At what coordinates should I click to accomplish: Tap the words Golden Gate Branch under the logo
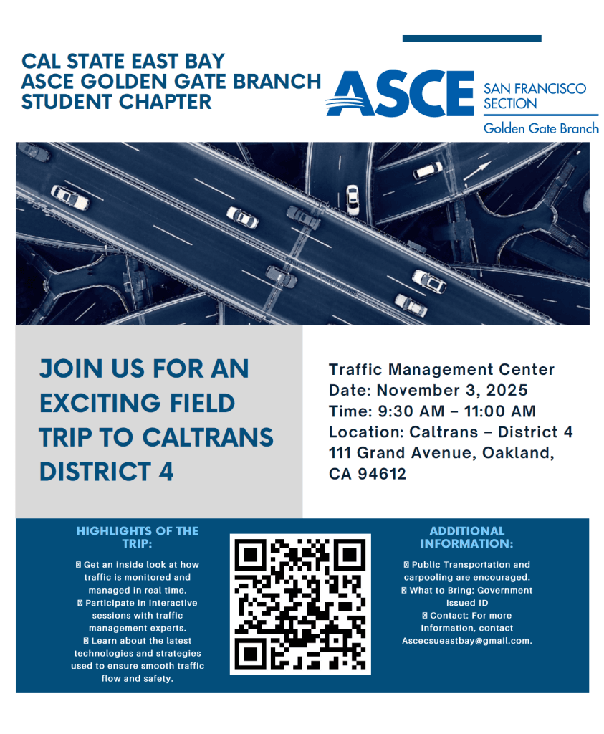click(540, 129)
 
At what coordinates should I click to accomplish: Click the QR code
click(300, 604)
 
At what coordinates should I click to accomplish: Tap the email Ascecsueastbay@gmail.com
click(466, 640)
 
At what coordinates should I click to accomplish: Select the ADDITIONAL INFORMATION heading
click(466, 537)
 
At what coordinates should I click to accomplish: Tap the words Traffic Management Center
click(441, 370)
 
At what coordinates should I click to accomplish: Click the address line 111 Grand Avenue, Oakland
click(441, 453)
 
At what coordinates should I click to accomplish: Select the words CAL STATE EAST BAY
click(123, 62)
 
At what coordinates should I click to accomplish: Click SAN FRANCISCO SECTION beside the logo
click(534, 96)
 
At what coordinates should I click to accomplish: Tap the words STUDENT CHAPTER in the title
click(117, 102)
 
